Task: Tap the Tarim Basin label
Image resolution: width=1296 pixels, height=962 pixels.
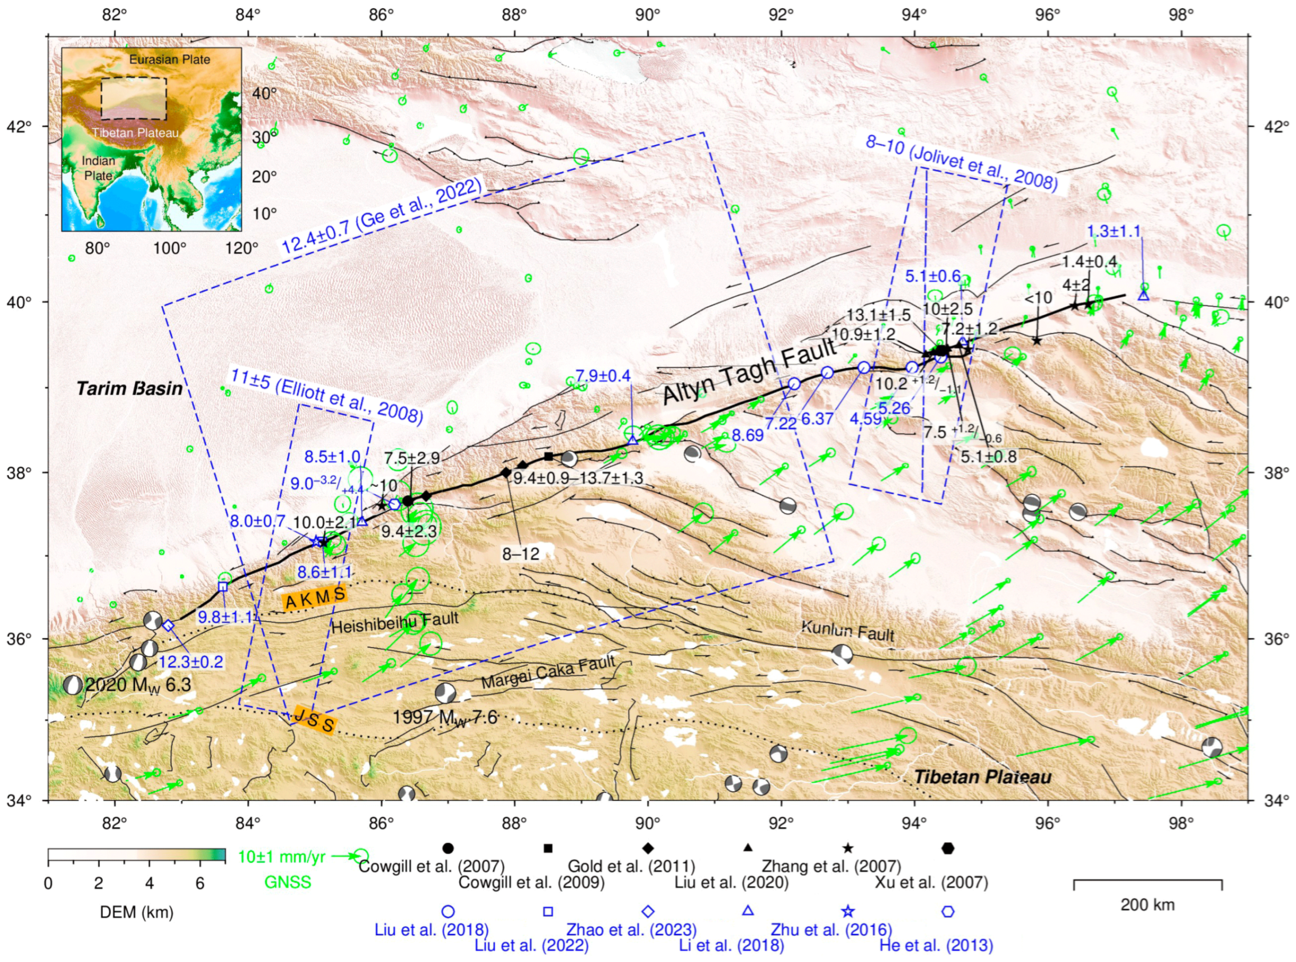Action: tap(130, 388)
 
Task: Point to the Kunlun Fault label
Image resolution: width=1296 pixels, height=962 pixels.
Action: tap(847, 631)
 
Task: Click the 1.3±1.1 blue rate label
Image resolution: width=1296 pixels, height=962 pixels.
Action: tap(1114, 232)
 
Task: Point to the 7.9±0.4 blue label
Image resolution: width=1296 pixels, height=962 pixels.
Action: tap(603, 376)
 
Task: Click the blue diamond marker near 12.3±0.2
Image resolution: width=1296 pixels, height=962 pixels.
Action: tap(168, 625)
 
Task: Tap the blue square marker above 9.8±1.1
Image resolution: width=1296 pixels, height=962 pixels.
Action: tap(223, 587)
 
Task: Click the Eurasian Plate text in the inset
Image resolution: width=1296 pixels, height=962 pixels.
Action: tap(169, 60)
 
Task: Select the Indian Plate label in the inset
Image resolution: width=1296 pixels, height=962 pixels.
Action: tap(98, 168)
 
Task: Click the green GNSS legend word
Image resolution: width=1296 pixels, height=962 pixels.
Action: tap(288, 883)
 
